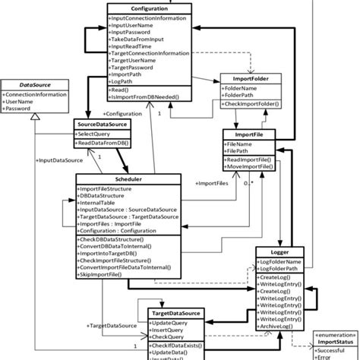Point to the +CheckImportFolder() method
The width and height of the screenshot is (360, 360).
(x=251, y=104)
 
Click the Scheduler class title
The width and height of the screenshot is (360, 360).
(x=127, y=178)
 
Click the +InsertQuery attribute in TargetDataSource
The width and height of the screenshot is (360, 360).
(x=170, y=332)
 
